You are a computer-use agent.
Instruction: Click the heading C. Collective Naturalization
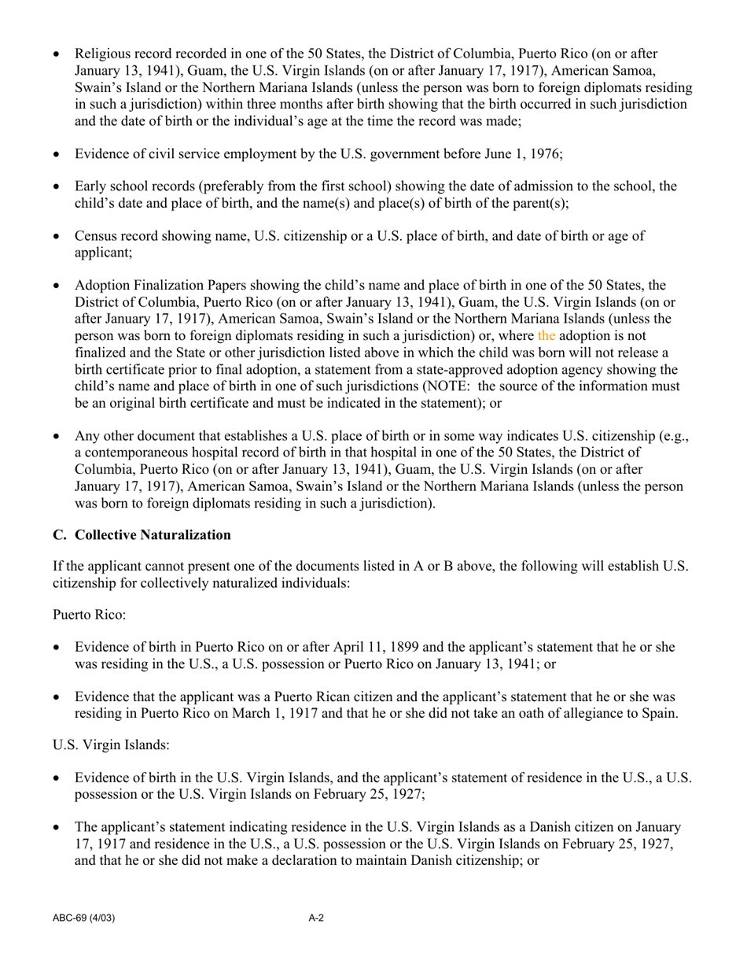[x=142, y=535]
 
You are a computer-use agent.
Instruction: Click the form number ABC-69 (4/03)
[x=86, y=918]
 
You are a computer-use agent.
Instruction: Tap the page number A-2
[x=316, y=918]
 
